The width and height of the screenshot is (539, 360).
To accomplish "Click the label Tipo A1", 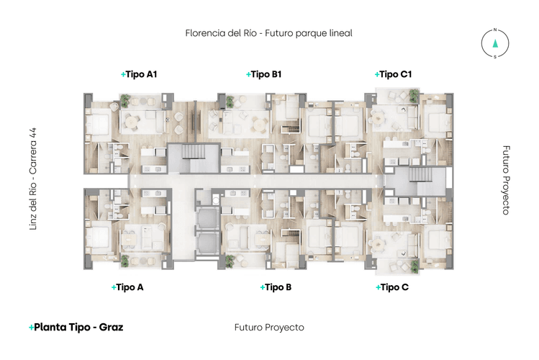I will coord(139,74).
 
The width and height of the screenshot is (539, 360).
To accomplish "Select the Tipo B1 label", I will coord(263,74).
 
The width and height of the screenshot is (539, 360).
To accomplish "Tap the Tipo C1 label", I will coord(393,74).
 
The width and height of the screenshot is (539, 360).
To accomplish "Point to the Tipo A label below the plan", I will coord(128,287).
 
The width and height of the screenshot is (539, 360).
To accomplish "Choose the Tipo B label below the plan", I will coord(276,287).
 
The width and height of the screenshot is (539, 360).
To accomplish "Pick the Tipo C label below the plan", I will coord(392,287).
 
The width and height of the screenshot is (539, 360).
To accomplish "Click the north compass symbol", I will coord(495,43).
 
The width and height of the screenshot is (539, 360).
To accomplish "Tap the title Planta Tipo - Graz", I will coord(76,327).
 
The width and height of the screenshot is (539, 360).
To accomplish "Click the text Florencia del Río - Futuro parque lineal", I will coord(268,33).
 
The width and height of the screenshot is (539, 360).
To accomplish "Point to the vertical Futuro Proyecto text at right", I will coord(506,180).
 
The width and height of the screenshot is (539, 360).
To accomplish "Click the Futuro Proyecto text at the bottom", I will coord(269,328).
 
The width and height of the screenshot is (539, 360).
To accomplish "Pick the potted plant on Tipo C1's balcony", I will coord(413,95).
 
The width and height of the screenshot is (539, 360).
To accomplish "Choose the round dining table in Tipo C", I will coord(379,243).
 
